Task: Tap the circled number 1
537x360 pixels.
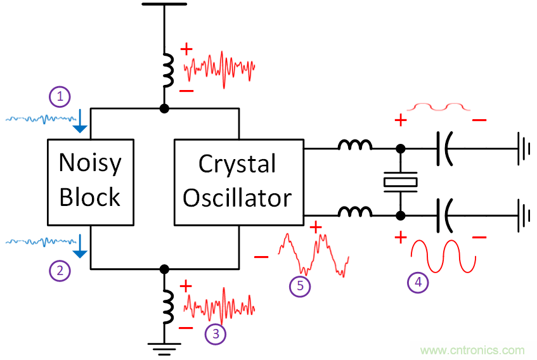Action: [60, 96]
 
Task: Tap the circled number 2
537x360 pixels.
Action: [60, 271]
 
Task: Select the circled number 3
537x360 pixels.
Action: [216, 334]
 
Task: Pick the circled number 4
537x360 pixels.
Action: [417, 283]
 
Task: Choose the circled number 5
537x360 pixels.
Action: [300, 286]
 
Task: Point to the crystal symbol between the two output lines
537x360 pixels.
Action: [401, 182]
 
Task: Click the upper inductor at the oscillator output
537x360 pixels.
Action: [355, 146]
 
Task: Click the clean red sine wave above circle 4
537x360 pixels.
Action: [443, 256]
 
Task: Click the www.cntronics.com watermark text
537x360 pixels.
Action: [472, 350]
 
